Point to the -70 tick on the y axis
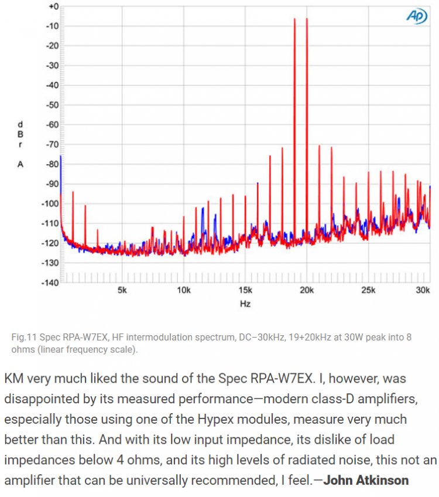click(52, 144)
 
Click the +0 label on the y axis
click(53, 6)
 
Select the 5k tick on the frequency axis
click(122, 291)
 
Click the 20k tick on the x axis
click(307, 291)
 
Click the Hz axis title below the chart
click(245, 305)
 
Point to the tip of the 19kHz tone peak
click(294, 19)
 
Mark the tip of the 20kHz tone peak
click(307, 19)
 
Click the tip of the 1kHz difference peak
click(73, 192)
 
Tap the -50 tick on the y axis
click(52, 105)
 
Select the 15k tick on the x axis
click(245, 291)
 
